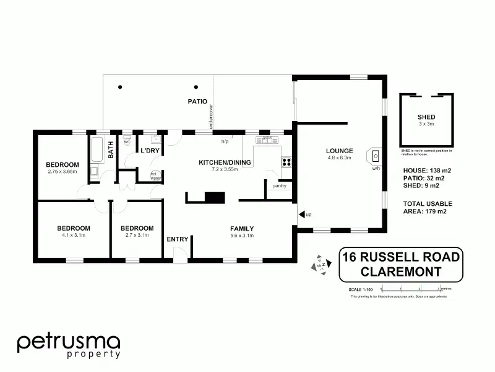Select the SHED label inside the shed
coord(426,117)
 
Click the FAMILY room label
coord(242,228)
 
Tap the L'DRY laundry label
coord(150,151)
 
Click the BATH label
coord(111,150)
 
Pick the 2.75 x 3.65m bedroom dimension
coord(62,172)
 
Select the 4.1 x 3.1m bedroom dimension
coord(74,235)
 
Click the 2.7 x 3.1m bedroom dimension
coord(137,235)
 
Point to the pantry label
coord(278,185)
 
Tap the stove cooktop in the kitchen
coord(287,162)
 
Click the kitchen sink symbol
coord(267,140)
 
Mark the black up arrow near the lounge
coord(301,215)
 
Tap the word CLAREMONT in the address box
coord(402,272)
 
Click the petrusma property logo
coord(68,345)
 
